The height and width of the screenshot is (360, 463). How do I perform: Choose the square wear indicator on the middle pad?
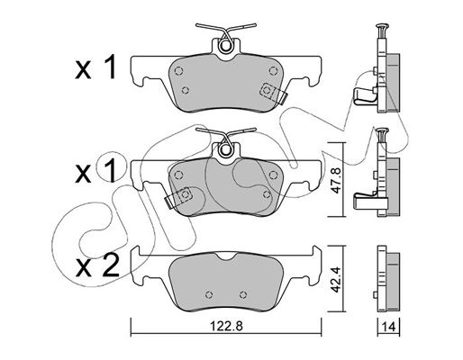click(186, 193)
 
